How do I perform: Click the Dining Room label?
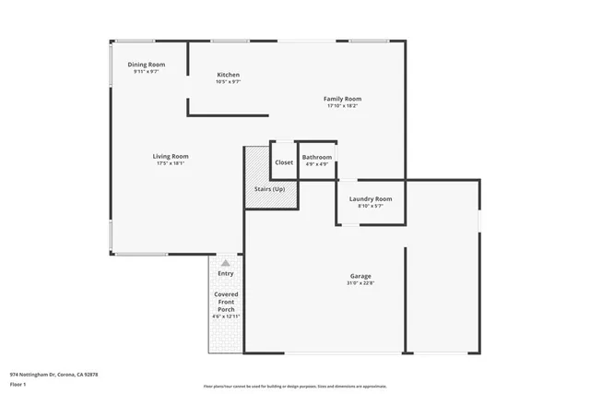[147, 64]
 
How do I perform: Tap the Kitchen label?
[228, 75]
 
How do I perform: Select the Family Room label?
[342, 99]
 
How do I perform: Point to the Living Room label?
[171, 156]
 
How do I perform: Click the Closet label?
[284, 162]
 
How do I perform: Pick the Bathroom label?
[317, 157]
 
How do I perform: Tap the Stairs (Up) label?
[270, 189]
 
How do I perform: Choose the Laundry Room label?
[370, 198]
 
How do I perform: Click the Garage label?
[360, 276]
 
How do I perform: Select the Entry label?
[226, 273]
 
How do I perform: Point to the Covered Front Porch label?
[226, 302]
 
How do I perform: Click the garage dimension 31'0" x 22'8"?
[360, 284]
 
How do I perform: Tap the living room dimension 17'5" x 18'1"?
[171, 164]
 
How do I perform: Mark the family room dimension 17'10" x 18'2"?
[342, 106]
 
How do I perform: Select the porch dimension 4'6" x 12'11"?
[226, 316]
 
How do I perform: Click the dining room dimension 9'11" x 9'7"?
[147, 71]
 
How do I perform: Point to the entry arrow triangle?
[225, 262]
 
